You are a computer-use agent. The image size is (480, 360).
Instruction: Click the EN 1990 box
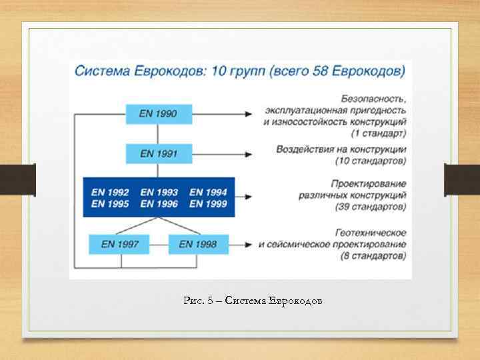tap(158, 114)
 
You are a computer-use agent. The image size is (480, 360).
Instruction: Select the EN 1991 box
tap(158, 153)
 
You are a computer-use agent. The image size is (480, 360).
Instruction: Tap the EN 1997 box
tap(120, 244)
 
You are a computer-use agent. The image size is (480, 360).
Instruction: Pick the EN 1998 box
tap(197, 244)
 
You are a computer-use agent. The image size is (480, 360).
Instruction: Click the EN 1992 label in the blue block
tap(110, 192)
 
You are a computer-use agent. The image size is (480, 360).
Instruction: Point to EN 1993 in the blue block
tap(159, 192)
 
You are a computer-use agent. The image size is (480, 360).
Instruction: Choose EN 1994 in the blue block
tap(208, 192)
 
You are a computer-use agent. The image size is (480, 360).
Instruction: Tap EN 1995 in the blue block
tap(110, 204)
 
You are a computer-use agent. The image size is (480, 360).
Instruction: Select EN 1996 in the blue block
tap(159, 204)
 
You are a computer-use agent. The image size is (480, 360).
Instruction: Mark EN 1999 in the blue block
tap(208, 204)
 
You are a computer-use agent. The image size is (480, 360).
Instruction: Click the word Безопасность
tap(373, 98)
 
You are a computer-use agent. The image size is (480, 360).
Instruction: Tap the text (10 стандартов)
tap(371, 161)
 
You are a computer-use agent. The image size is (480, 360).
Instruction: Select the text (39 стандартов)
tap(371, 207)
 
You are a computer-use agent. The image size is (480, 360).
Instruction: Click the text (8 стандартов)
tap(374, 256)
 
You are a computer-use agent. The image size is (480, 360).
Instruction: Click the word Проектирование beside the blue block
tap(369, 183)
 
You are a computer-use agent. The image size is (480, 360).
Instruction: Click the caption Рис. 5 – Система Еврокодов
tap(253, 301)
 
